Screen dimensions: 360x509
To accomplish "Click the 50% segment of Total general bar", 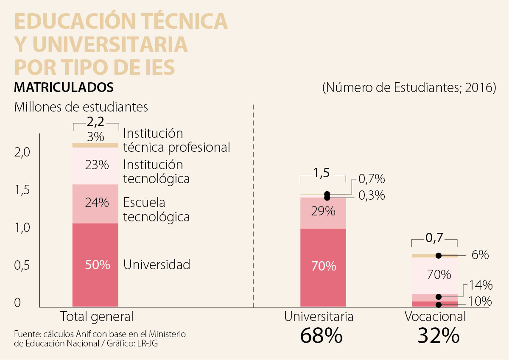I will tap(95, 265).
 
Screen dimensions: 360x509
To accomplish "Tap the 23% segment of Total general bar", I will tap(95, 165).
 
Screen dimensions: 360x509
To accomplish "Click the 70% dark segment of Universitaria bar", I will tap(323, 267).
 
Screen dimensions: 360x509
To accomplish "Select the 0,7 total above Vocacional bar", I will tap(434, 238).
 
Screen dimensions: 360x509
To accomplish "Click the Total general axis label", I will tap(97, 316).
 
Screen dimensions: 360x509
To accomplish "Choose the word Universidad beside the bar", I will tap(157, 265).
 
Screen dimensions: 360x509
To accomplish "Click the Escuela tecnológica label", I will tap(156, 209).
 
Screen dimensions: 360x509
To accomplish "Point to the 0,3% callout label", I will tap(372, 196).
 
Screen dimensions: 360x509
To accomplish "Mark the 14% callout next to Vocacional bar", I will tap(480, 285).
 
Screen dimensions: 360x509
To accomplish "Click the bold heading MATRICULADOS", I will tap(64, 87).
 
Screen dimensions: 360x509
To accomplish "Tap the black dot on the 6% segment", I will tap(439, 255).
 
